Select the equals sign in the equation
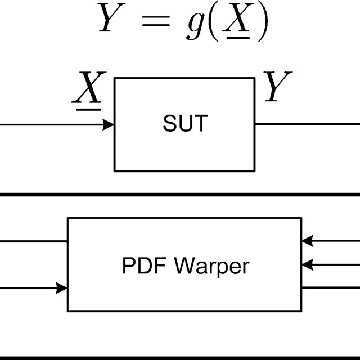(155, 22)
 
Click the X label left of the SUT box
(87, 88)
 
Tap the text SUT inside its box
(185, 124)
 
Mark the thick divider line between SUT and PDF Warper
(180, 194)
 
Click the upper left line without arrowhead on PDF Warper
(34, 241)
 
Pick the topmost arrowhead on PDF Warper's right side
(307, 241)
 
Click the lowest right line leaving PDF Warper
(331, 287)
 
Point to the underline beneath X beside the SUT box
(87, 105)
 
